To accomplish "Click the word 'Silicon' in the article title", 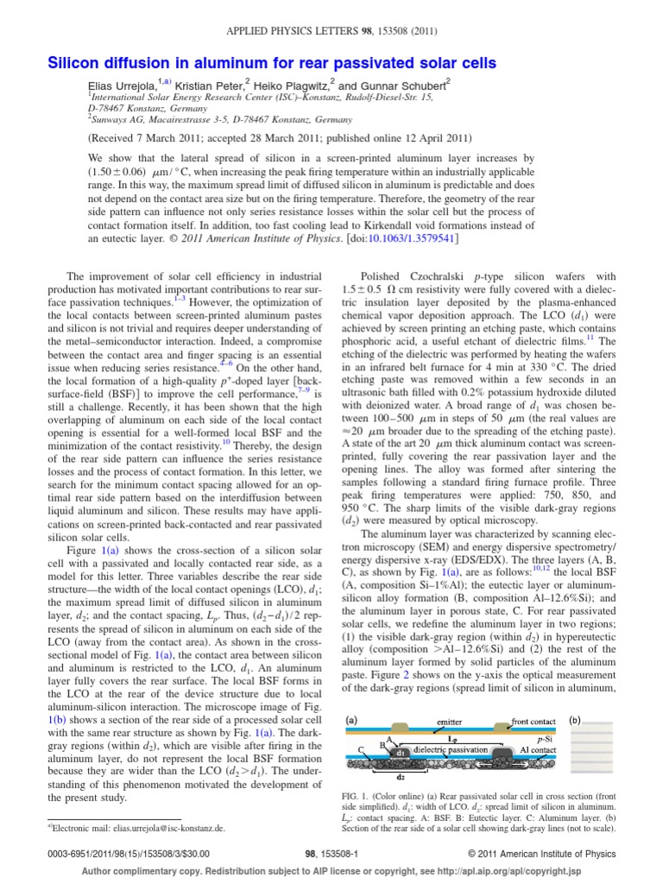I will coord(73,63).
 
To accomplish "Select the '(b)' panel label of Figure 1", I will coord(577,717).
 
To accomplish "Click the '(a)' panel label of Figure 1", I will coord(352,717).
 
